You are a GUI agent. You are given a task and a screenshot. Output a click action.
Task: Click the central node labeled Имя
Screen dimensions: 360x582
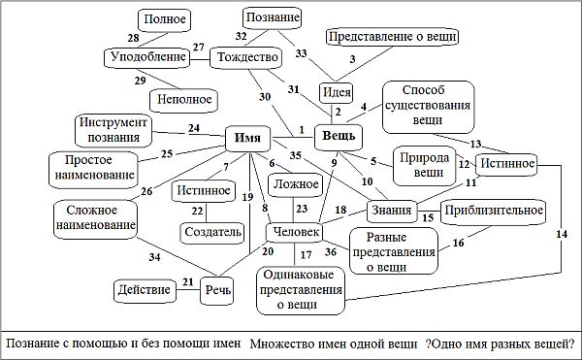click(x=247, y=138)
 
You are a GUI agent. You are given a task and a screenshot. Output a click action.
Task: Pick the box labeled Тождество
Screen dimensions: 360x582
click(x=244, y=58)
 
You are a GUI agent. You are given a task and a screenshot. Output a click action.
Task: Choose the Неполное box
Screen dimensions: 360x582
click(x=181, y=98)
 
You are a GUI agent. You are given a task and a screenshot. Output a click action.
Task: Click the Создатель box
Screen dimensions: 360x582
click(x=211, y=232)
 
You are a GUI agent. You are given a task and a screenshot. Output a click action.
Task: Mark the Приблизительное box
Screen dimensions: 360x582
click(x=494, y=210)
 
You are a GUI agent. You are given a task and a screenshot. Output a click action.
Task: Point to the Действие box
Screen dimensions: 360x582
click(x=144, y=289)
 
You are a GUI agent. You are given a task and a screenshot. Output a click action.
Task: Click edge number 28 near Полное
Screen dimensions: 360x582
click(x=133, y=38)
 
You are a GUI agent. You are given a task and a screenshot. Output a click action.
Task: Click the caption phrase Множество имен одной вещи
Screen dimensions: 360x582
click(x=332, y=343)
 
